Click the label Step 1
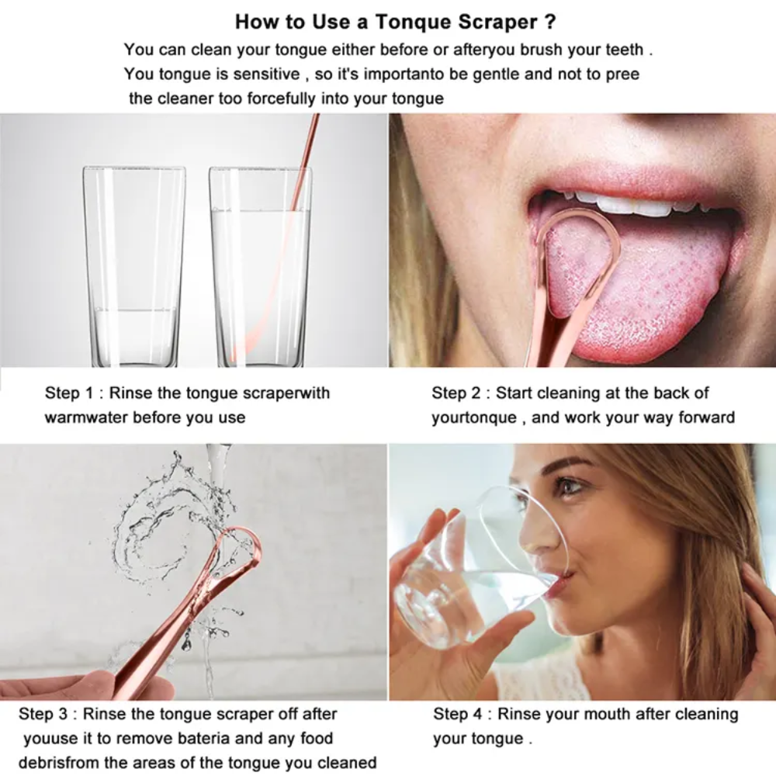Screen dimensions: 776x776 67,393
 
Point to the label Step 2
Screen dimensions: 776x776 454,393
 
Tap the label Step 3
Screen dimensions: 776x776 40,713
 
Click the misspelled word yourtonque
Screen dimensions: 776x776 473,417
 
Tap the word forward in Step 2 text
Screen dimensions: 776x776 706,417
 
